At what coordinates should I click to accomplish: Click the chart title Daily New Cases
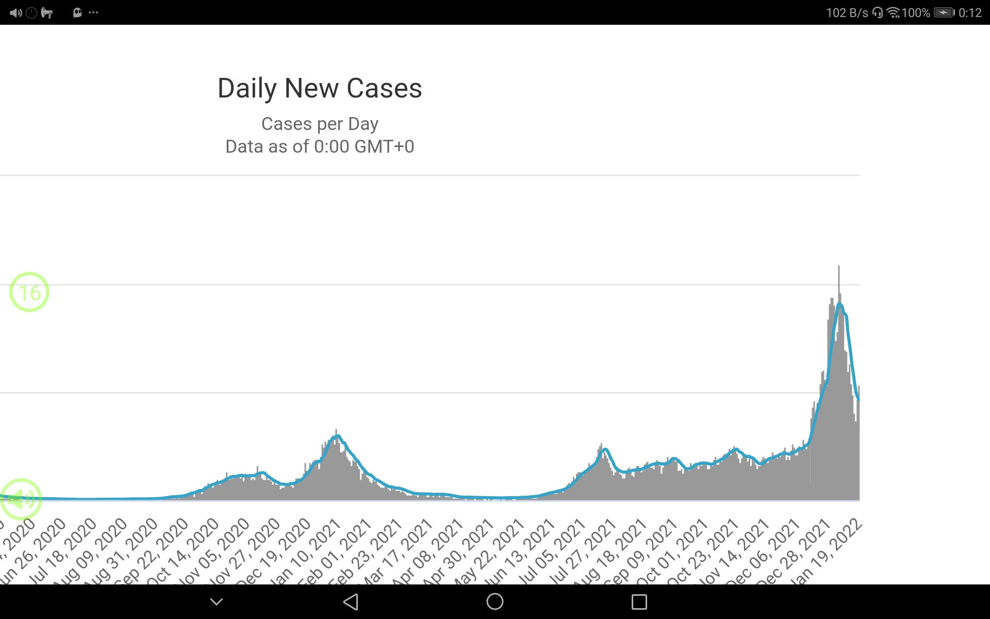click(x=320, y=88)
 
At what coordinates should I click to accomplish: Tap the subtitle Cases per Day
click(x=320, y=124)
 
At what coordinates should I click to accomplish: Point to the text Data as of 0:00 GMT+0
click(x=320, y=146)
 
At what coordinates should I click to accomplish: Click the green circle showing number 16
click(x=29, y=292)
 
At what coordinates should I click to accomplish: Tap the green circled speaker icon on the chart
click(x=21, y=499)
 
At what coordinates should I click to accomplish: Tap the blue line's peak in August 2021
click(x=605, y=449)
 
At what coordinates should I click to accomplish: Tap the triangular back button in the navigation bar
click(x=351, y=601)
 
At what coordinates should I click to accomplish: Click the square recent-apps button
click(x=639, y=601)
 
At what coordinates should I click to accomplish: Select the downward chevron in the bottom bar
click(x=217, y=601)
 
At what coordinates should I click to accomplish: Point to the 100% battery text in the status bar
click(x=916, y=12)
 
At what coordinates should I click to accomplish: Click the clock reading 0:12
click(x=970, y=12)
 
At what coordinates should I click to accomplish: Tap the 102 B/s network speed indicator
click(x=847, y=12)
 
